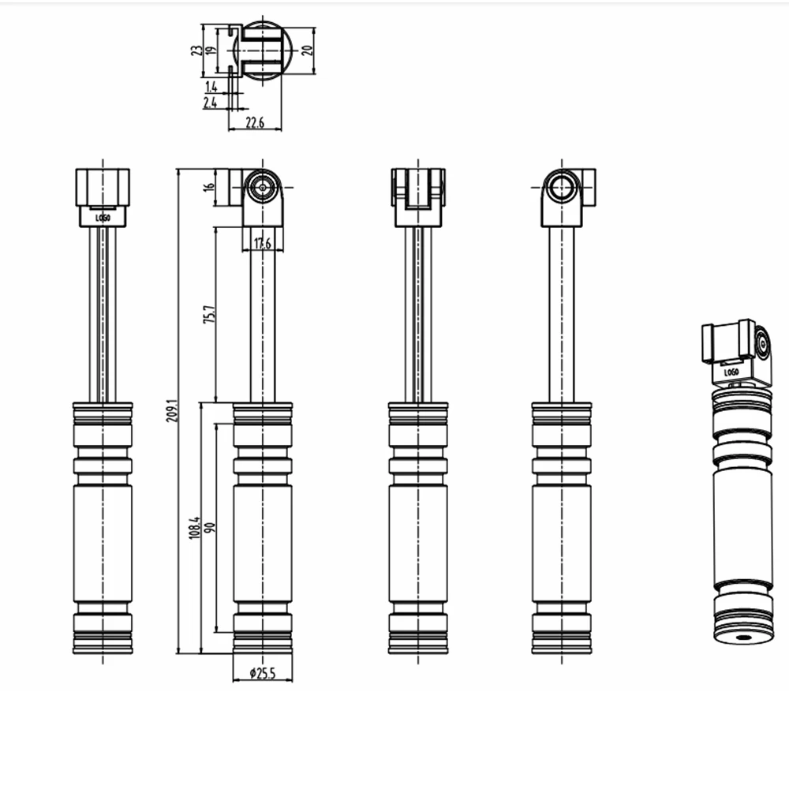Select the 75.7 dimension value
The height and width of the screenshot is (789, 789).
pyautogui.click(x=209, y=313)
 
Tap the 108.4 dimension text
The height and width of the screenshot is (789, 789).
pyautogui.click(x=194, y=526)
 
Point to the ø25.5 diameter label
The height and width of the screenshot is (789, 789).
pyautogui.click(x=262, y=673)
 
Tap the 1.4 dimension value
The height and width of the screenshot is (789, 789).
pyautogui.click(x=211, y=86)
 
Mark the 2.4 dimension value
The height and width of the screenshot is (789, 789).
pyautogui.click(x=211, y=103)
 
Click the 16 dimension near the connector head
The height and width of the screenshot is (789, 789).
pyautogui.click(x=209, y=187)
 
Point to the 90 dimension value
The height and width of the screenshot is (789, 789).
pyautogui.click(x=210, y=526)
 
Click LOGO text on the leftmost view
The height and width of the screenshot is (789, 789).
pyautogui.click(x=103, y=217)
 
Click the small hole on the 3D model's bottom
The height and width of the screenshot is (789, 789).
pyautogui.click(x=742, y=637)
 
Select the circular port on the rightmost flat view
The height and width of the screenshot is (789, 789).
pyautogui.click(x=562, y=188)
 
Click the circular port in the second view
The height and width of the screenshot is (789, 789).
pyautogui.click(x=262, y=188)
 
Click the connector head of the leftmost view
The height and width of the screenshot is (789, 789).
pyautogui.click(x=103, y=188)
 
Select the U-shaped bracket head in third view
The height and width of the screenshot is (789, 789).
pyautogui.click(x=418, y=189)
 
